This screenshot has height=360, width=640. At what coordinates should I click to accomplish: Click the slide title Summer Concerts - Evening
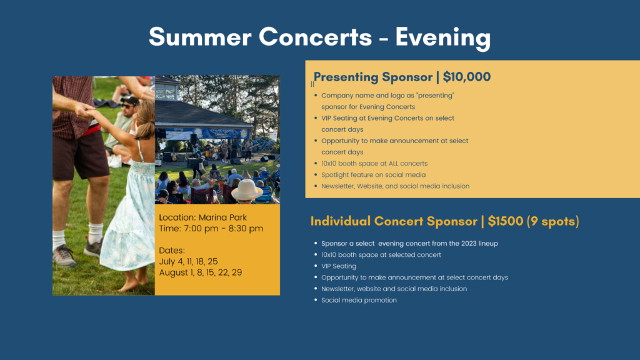(319, 37)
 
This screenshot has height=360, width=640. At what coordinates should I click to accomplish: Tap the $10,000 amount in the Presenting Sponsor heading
(466, 77)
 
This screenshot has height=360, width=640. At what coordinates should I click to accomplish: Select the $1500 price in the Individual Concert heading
(505, 221)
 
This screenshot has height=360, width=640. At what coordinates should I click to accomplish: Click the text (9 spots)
(552, 221)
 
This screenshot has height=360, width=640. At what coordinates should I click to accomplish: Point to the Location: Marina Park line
(203, 217)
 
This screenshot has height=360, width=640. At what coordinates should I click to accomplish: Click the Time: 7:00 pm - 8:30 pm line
(211, 229)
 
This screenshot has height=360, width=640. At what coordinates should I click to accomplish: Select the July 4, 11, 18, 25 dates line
(188, 261)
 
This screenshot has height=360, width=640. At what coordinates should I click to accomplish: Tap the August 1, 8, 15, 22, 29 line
(201, 272)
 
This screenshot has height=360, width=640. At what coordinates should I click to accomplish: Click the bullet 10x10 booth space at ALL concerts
(374, 164)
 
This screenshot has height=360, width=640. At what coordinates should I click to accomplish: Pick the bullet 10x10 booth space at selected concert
(381, 255)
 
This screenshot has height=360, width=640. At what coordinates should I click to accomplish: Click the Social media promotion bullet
(359, 300)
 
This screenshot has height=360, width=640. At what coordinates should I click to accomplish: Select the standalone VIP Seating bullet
(339, 266)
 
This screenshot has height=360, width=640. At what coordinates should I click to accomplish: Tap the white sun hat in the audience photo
(247, 189)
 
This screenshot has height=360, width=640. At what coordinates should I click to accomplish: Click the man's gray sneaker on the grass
(64, 255)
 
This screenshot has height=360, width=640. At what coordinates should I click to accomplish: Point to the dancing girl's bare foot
(129, 284)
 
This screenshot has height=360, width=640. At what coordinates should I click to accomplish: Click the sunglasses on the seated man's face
(127, 106)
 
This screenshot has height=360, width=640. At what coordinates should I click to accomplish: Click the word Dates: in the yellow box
(172, 250)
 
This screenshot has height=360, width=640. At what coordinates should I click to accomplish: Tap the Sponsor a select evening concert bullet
(409, 244)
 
